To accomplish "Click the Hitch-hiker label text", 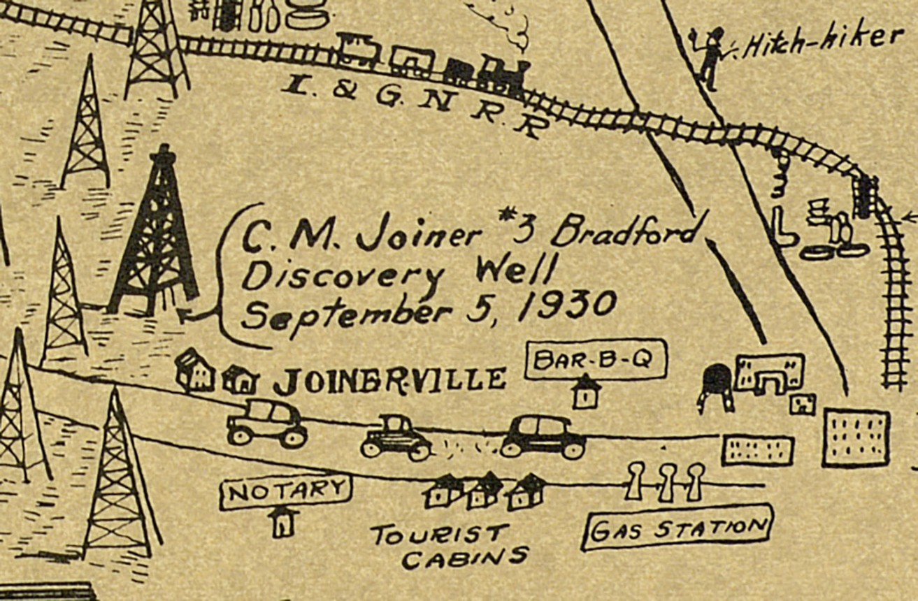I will tap(822, 43).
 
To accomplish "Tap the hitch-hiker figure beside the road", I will tap(711, 59).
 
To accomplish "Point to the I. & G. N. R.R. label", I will tap(413, 105).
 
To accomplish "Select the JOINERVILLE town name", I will tap(389, 380).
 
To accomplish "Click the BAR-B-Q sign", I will tap(596, 361).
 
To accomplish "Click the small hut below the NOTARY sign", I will tap(283, 522).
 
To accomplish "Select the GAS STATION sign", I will tap(676, 527).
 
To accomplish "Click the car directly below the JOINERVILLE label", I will tap(396, 437).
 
